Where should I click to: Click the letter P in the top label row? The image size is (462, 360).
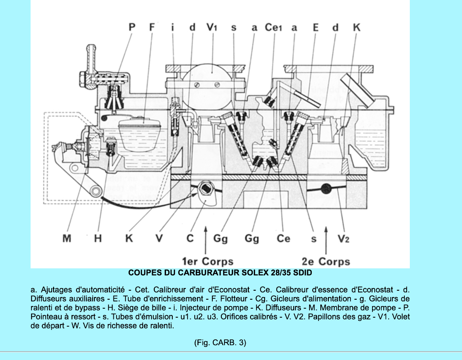[132, 27]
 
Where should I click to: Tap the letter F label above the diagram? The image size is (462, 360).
[152, 27]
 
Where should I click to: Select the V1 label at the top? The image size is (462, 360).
[212, 27]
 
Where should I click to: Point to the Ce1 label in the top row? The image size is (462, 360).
[274, 27]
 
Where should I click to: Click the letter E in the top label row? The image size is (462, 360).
[316, 27]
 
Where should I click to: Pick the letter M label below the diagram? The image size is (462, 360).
[67, 238]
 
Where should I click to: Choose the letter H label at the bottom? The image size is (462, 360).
[98, 238]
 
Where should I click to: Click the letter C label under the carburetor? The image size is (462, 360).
[190, 238]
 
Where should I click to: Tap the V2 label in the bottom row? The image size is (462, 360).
[343, 238]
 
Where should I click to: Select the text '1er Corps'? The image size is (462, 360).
[207, 261]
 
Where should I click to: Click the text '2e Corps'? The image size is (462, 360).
[326, 261]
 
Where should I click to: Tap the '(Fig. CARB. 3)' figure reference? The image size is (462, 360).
[220, 342]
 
